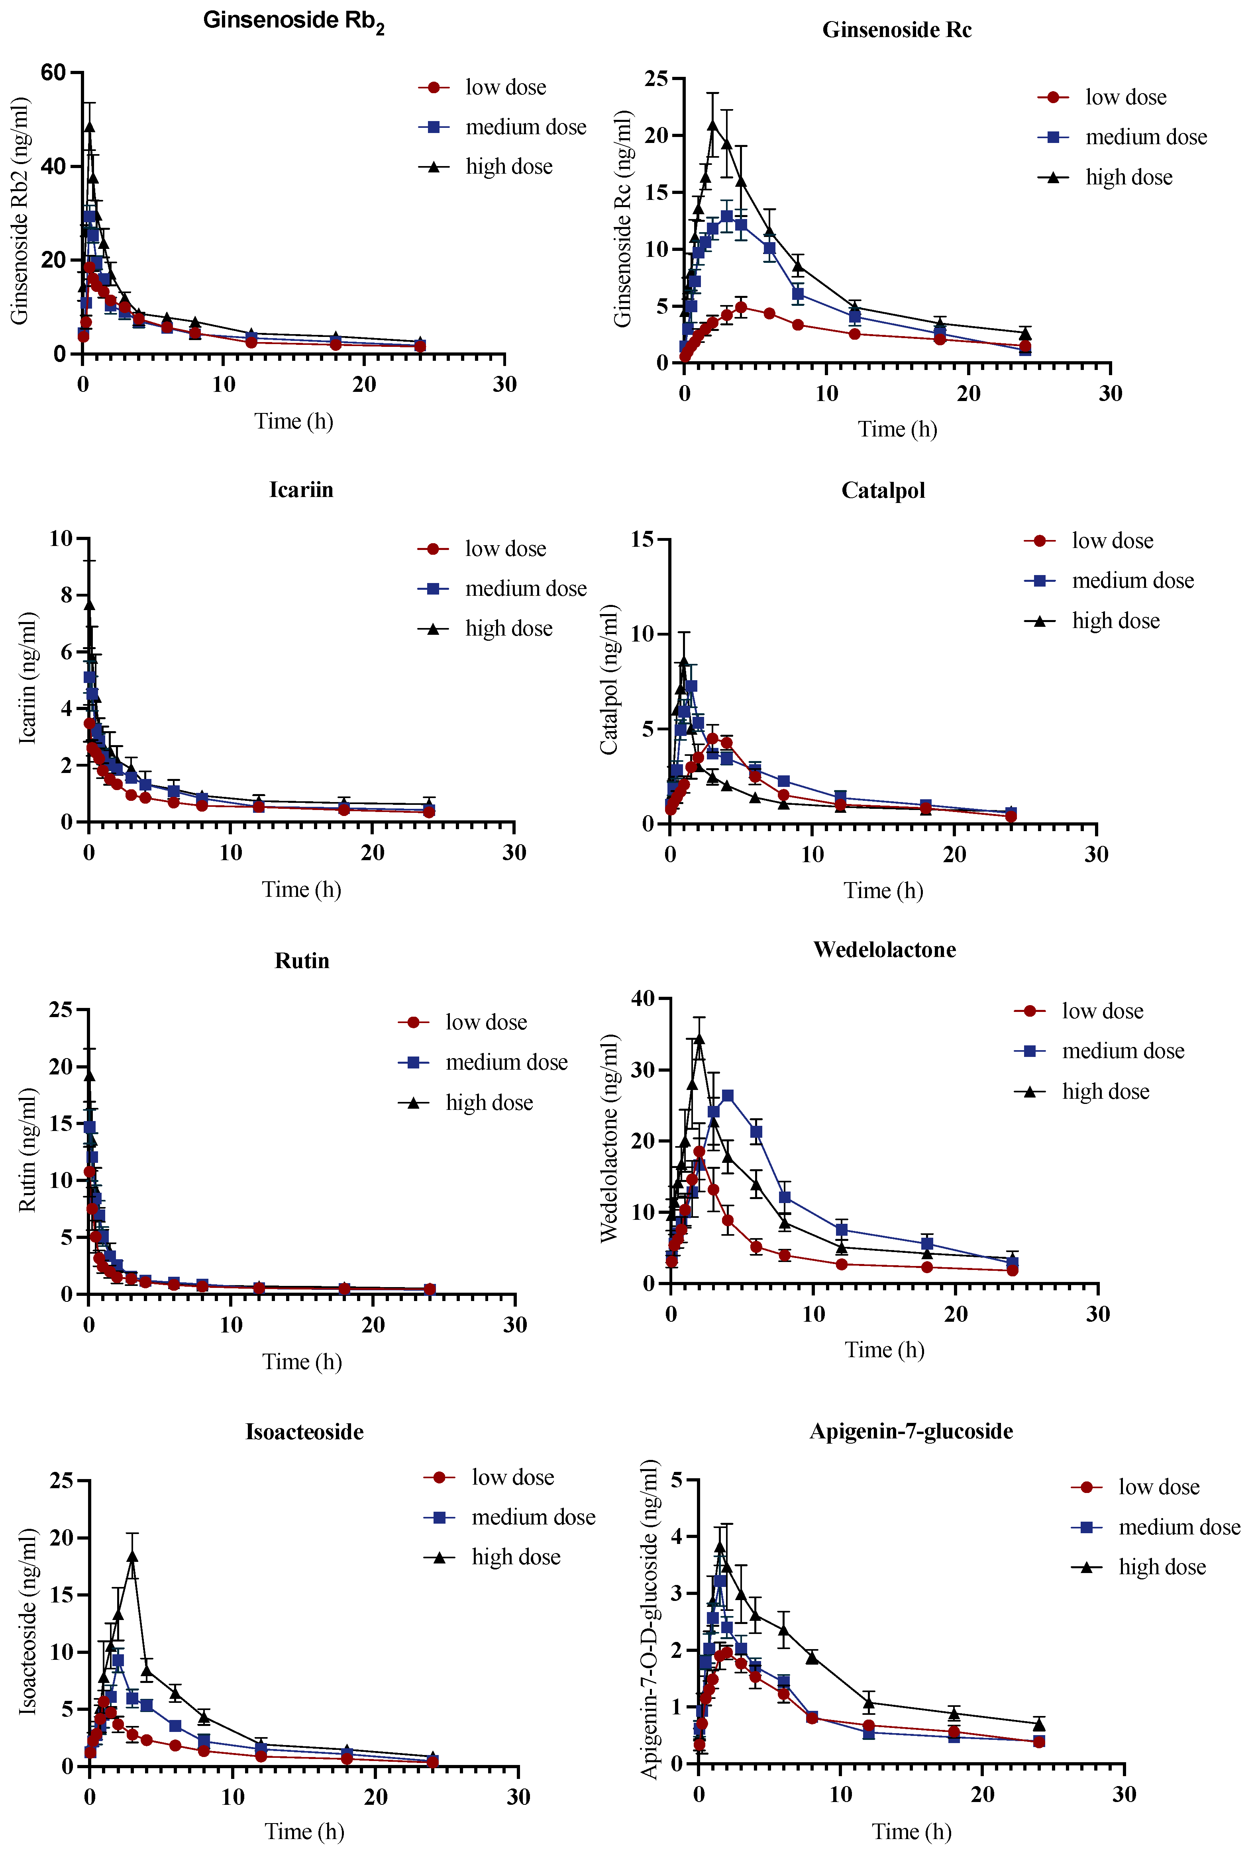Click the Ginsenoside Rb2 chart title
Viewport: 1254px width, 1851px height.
[293, 21]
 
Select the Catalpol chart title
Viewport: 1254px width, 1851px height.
[883, 490]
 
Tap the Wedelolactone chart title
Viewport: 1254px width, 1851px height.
[884, 949]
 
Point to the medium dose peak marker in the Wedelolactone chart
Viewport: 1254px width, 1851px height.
[727, 1096]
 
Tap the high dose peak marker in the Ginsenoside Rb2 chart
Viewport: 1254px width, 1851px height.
[89, 126]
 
